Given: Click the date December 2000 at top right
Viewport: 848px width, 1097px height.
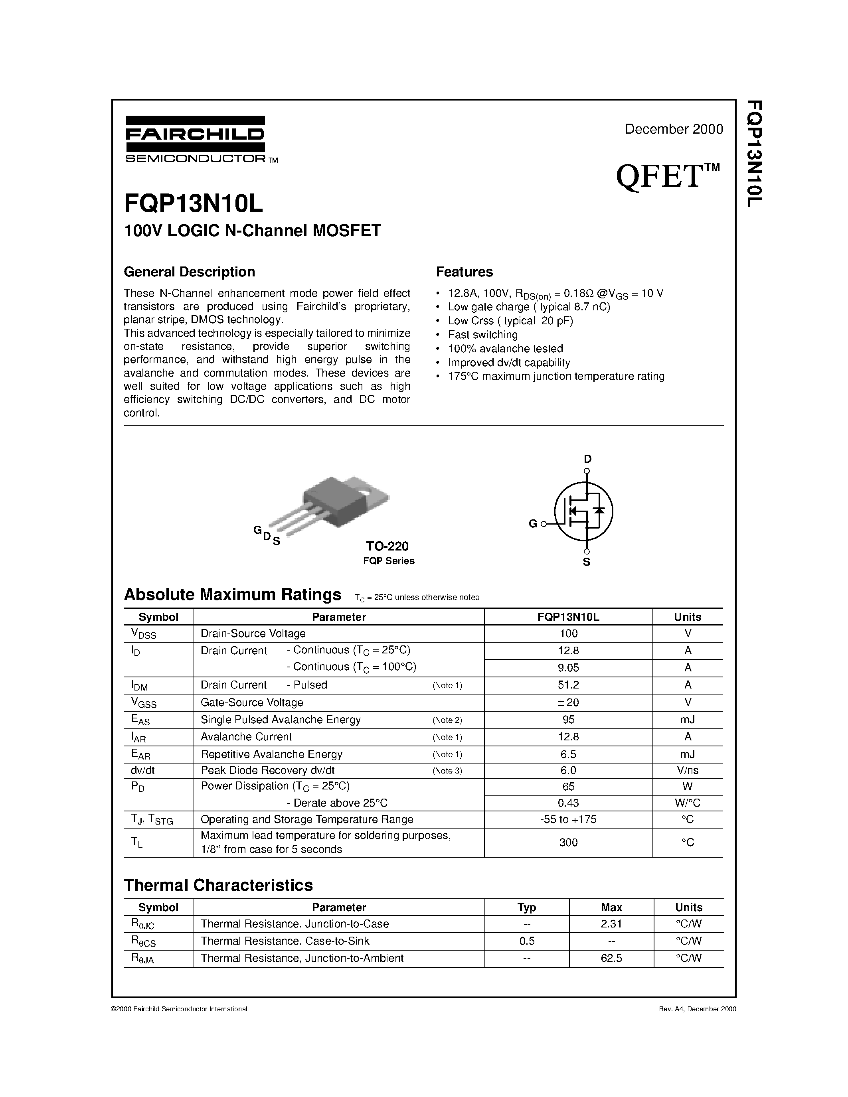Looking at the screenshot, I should [x=674, y=129].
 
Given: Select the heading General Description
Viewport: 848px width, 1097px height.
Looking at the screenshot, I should [x=190, y=272].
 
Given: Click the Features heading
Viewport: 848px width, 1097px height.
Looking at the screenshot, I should [x=464, y=272].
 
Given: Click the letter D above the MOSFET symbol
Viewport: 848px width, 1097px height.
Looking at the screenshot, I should [x=587, y=459].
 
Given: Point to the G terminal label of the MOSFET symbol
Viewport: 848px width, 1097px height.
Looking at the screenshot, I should [x=533, y=524].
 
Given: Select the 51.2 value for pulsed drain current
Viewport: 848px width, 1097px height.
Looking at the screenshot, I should [x=568, y=685].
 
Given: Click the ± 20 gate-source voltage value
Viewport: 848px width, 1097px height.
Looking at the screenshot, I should [x=568, y=702].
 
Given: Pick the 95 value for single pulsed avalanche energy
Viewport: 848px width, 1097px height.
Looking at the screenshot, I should [x=568, y=720].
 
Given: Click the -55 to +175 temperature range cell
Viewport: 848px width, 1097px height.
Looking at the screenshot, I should [x=568, y=819].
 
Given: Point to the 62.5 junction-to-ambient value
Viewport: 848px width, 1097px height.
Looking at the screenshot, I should [x=611, y=958].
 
